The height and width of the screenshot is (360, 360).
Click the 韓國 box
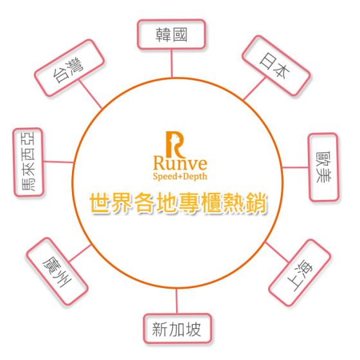171,35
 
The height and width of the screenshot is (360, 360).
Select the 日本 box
276,66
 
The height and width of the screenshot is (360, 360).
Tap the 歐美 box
323,167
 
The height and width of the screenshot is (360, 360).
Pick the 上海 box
300,273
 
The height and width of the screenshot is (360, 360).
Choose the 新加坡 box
177,328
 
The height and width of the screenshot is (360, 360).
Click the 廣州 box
57,271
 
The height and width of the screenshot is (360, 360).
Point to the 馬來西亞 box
28,162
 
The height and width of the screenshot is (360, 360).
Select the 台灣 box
69,68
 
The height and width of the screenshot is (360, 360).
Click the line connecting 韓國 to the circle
172,64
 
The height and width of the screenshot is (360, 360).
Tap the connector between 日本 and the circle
255,89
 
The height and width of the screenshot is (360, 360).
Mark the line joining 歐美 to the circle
295,167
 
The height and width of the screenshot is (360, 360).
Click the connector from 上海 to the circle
276,252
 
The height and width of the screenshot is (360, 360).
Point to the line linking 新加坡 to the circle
177,301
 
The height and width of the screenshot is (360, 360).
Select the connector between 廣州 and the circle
80,253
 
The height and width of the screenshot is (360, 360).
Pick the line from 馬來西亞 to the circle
59,162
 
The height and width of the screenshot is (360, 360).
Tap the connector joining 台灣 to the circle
90,94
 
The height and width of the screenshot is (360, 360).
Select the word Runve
180,163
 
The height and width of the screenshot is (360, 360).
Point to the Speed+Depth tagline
180,176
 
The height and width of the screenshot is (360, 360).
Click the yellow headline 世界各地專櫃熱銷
179,203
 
